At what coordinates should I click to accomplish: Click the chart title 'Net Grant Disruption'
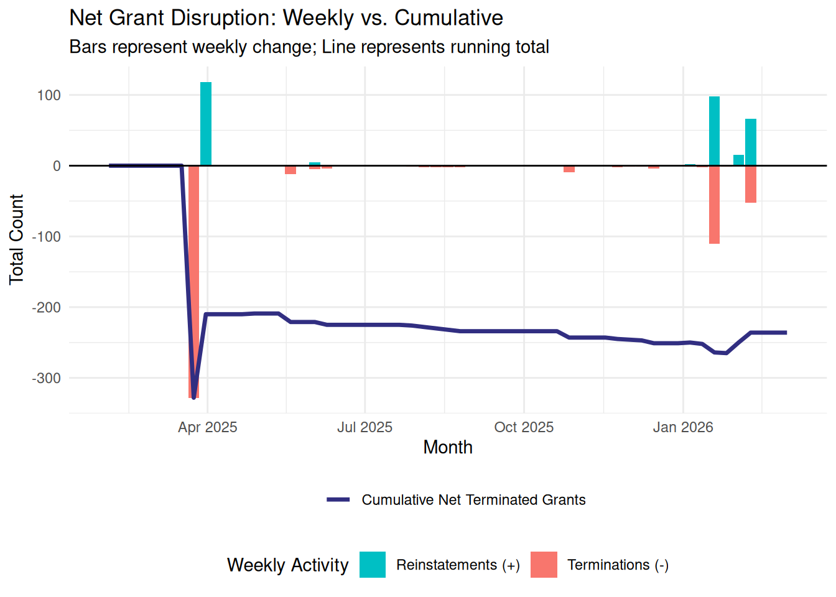pyautogui.click(x=286, y=18)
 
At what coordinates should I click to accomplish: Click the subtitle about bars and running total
pyautogui.click(x=309, y=47)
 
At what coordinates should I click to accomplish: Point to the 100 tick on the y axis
pyautogui.click(x=49, y=95)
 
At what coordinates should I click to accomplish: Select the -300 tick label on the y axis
pyautogui.click(x=46, y=378)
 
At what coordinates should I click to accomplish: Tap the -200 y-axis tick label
pyautogui.click(x=46, y=307)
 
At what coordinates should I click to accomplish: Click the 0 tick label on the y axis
pyautogui.click(x=57, y=166)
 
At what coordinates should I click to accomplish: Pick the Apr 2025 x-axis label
pyautogui.click(x=207, y=427)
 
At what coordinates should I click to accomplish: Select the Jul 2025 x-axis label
pyautogui.click(x=365, y=427)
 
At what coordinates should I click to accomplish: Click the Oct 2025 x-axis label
pyautogui.click(x=524, y=427)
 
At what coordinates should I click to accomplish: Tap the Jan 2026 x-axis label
pyautogui.click(x=682, y=427)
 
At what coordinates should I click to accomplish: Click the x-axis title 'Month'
pyautogui.click(x=447, y=447)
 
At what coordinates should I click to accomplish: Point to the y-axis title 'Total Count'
pyautogui.click(x=16, y=239)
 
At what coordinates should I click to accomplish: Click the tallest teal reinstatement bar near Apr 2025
pyautogui.click(x=206, y=124)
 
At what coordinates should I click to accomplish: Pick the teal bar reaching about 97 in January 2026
pyautogui.click(x=714, y=131)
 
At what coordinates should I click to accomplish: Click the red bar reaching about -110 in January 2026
pyautogui.click(x=714, y=205)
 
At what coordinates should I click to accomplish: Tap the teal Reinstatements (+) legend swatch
pyautogui.click(x=373, y=565)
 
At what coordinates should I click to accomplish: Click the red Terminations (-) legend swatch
pyautogui.click(x=544, y=565)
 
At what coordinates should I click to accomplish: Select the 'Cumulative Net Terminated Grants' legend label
pyautogui.click(x=473, y=500)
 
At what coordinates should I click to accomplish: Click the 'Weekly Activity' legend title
pyautogui.click(x=287, y=565)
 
